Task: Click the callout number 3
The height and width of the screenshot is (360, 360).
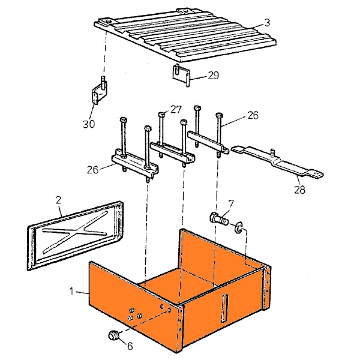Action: pyautogui.click(x=267, y=23)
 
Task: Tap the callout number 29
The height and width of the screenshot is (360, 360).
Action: pyautogui.click(x=214, y=76)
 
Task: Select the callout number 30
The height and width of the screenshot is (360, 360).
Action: pyautogui.click(x=89, y=124)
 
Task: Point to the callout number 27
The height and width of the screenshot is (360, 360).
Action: pyautogui.click(x=176, y=110)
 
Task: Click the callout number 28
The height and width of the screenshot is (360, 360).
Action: pyautogui.click(x=300, y=190)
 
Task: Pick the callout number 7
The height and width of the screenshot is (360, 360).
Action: pyautogui.click(x=231, y=203)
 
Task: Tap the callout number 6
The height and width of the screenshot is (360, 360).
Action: pyautogui.click(x=130, y=346)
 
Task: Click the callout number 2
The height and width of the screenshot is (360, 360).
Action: pyautogui.click(x=59, y=200)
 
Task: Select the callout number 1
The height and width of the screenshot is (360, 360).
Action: pyautogui.click(x=71, y=292)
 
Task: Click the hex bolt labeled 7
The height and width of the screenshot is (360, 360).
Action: pyautogui.click(x=219, y=218)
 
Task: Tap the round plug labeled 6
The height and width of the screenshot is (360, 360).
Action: pyautogui.click(x=113, y=335)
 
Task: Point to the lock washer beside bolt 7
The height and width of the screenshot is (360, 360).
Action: pyautogui.click(x=239, y=227)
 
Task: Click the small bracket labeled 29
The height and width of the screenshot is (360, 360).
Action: pyautogui.click(x=181, y=74)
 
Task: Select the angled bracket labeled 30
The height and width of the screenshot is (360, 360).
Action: pyautogui.click(x=100, y=91)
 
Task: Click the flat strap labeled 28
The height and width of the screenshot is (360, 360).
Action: pyautogui.click(x=277, y=162)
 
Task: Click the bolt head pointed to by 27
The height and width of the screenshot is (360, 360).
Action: pyautogui.click(x=162, y=114)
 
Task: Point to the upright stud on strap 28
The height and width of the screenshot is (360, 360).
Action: pyautogui.click(x=273, y=152)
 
